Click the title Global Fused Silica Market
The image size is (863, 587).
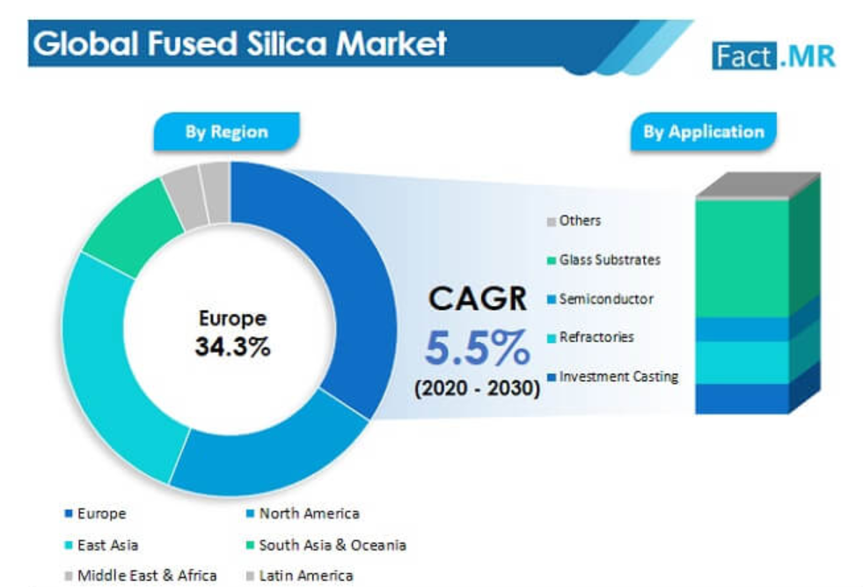[x=239, y=43]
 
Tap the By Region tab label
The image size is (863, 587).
[x=226, y=132]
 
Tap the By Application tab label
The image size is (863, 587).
[x=703, y=132]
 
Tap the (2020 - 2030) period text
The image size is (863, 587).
[x=478, y=388]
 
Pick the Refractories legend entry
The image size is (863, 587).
[x=596, y=337]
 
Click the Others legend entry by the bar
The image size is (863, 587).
[x=579, y=221]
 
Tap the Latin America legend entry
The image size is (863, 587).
[x=304, y=576]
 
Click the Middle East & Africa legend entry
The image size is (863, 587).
[x=146, y=576]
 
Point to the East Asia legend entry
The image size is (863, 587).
[x=106, y=545]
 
